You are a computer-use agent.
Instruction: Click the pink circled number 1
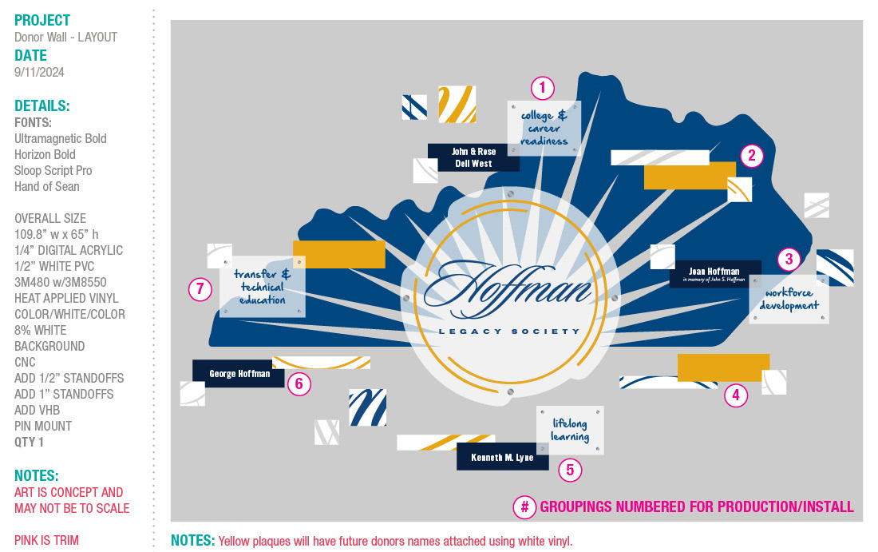543,88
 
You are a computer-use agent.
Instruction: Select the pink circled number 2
751,156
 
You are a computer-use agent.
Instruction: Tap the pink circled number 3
789,259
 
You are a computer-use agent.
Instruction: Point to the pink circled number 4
736,395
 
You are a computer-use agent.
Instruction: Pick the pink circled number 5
570,470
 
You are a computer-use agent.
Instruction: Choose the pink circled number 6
299,384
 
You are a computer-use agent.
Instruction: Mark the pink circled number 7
200,288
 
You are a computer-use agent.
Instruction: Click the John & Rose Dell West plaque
473,157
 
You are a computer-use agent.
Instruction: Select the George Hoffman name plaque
239,373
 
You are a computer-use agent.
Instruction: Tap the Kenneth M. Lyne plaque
502,458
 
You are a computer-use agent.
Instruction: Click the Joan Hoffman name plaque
715,274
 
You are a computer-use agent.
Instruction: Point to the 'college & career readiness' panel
544,128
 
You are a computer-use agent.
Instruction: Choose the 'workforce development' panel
789,300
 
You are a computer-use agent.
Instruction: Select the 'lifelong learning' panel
570,430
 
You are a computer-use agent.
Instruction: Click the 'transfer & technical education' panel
263,287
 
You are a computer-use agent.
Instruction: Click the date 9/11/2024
39,72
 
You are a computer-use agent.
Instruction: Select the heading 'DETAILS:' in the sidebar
42,106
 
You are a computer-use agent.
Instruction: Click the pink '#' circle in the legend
524,506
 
